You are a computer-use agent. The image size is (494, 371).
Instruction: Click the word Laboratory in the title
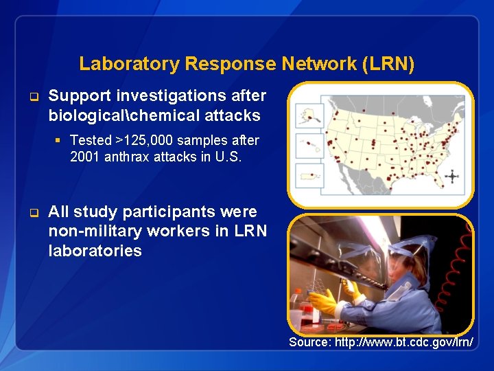click(120, 65)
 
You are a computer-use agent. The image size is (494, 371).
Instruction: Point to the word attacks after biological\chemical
click(229, 115)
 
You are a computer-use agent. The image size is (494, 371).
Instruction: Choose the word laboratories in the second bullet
click(95, 251)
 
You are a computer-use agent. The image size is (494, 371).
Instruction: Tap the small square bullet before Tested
click(58, 140)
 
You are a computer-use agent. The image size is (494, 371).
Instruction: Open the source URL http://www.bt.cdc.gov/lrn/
click(381, 342)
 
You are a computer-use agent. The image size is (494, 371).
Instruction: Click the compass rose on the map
click(452, 176)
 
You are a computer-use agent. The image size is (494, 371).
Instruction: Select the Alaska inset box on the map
click(308, 114)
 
